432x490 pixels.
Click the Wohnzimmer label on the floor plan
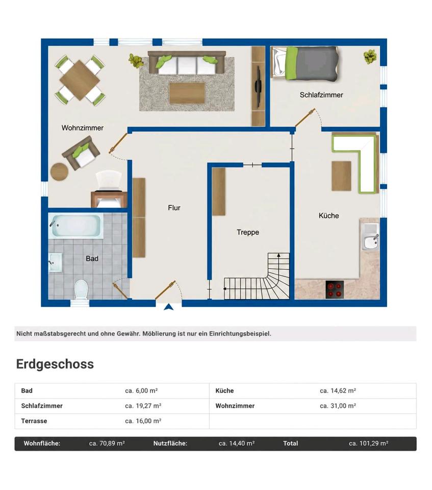[83, 128]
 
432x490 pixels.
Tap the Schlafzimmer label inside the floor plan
[321, 95]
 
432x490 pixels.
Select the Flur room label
[174, 208]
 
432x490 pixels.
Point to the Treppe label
[248, 233]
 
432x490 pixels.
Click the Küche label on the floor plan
[328, 215]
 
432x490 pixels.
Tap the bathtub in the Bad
[75, 225]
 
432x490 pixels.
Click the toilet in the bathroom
[82, 289]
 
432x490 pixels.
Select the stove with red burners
[335, 290]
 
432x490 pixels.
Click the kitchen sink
[371, 237]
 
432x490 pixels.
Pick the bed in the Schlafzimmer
[305, 63]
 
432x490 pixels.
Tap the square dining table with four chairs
[80, 80]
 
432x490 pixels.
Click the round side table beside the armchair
[59, 171]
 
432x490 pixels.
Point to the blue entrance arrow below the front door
[169, 307]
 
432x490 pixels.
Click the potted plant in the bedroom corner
[370, 57]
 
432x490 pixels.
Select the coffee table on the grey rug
[187, 93]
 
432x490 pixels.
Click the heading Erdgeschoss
[55, 364]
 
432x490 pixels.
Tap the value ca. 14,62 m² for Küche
[338, 390]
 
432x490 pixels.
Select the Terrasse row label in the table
[34, 421]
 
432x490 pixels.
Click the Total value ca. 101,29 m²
[369, 444]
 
